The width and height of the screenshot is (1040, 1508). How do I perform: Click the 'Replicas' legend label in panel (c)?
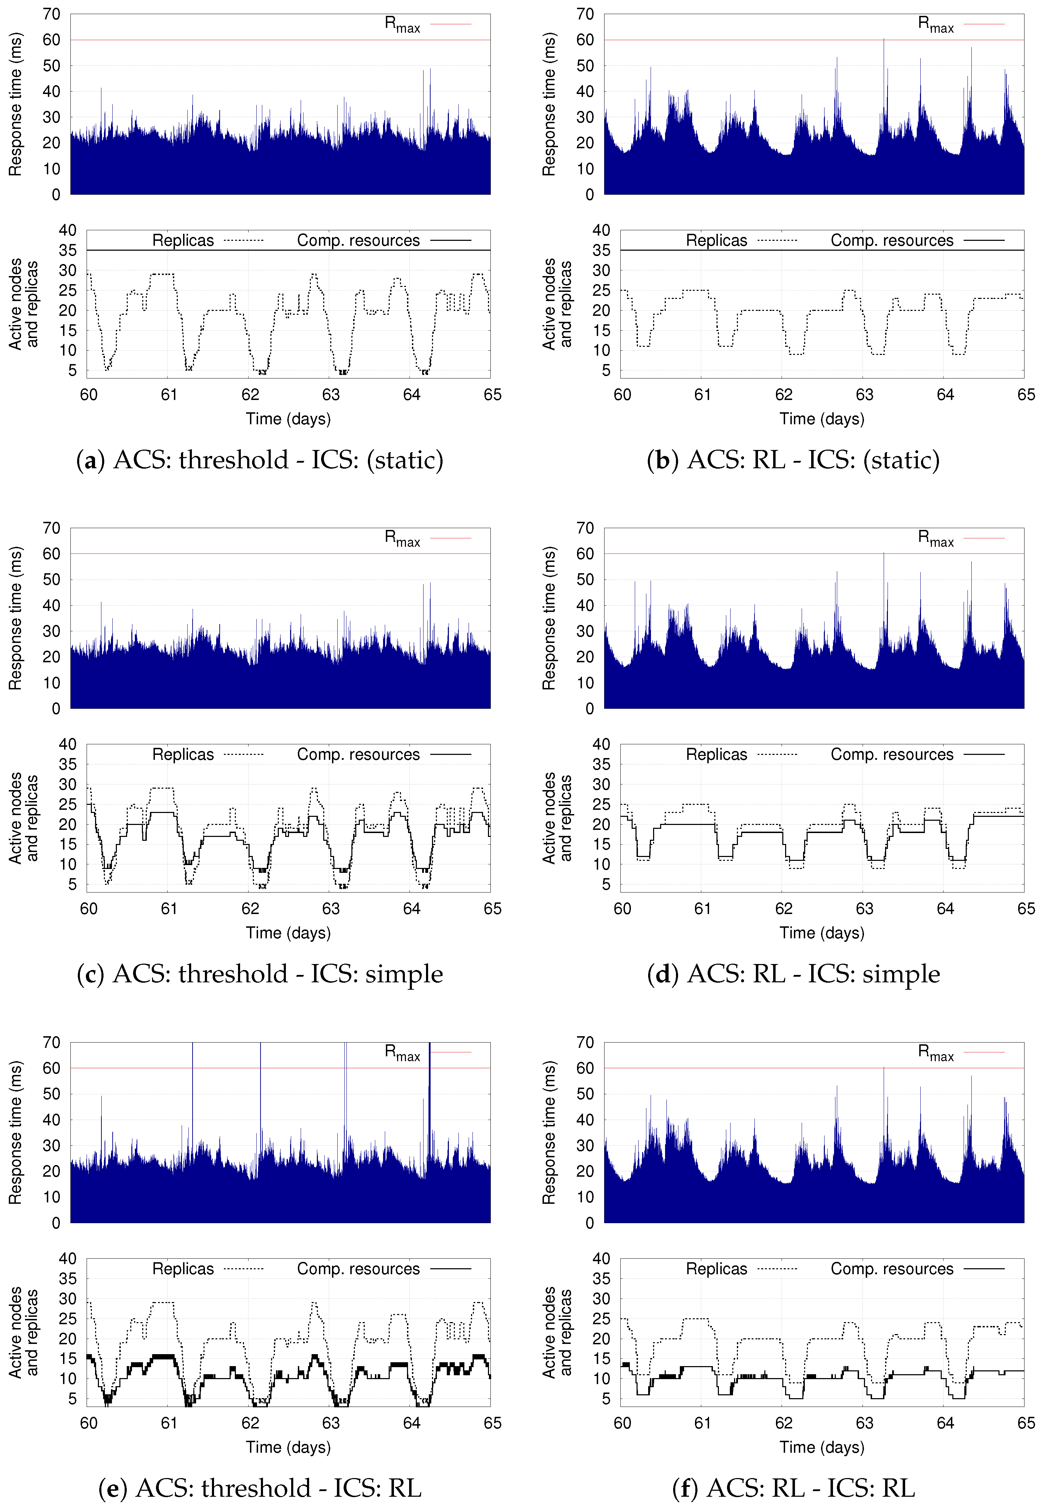pyautogui.click(x=183, y=755)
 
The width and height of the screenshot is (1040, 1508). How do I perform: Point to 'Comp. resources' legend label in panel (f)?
pyautogui.click(x=891, y=1269)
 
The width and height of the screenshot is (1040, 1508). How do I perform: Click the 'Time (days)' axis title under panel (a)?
pyautogui.click(x=288, y=419)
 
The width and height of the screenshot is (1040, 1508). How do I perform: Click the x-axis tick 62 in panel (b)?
pyautogui.click(x=783, y=395)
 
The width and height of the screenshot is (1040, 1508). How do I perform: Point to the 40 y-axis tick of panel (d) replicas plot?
pyautogui.click(x=601, y=744)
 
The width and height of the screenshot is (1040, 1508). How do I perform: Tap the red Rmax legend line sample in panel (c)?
pyautogui.click(x=450, y=538)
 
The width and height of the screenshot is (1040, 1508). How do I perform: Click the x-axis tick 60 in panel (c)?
pyautogui.click(x=89, y=909)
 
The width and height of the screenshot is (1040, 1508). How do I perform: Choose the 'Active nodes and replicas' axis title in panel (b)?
pyautogui.click(x=557, y=304)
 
